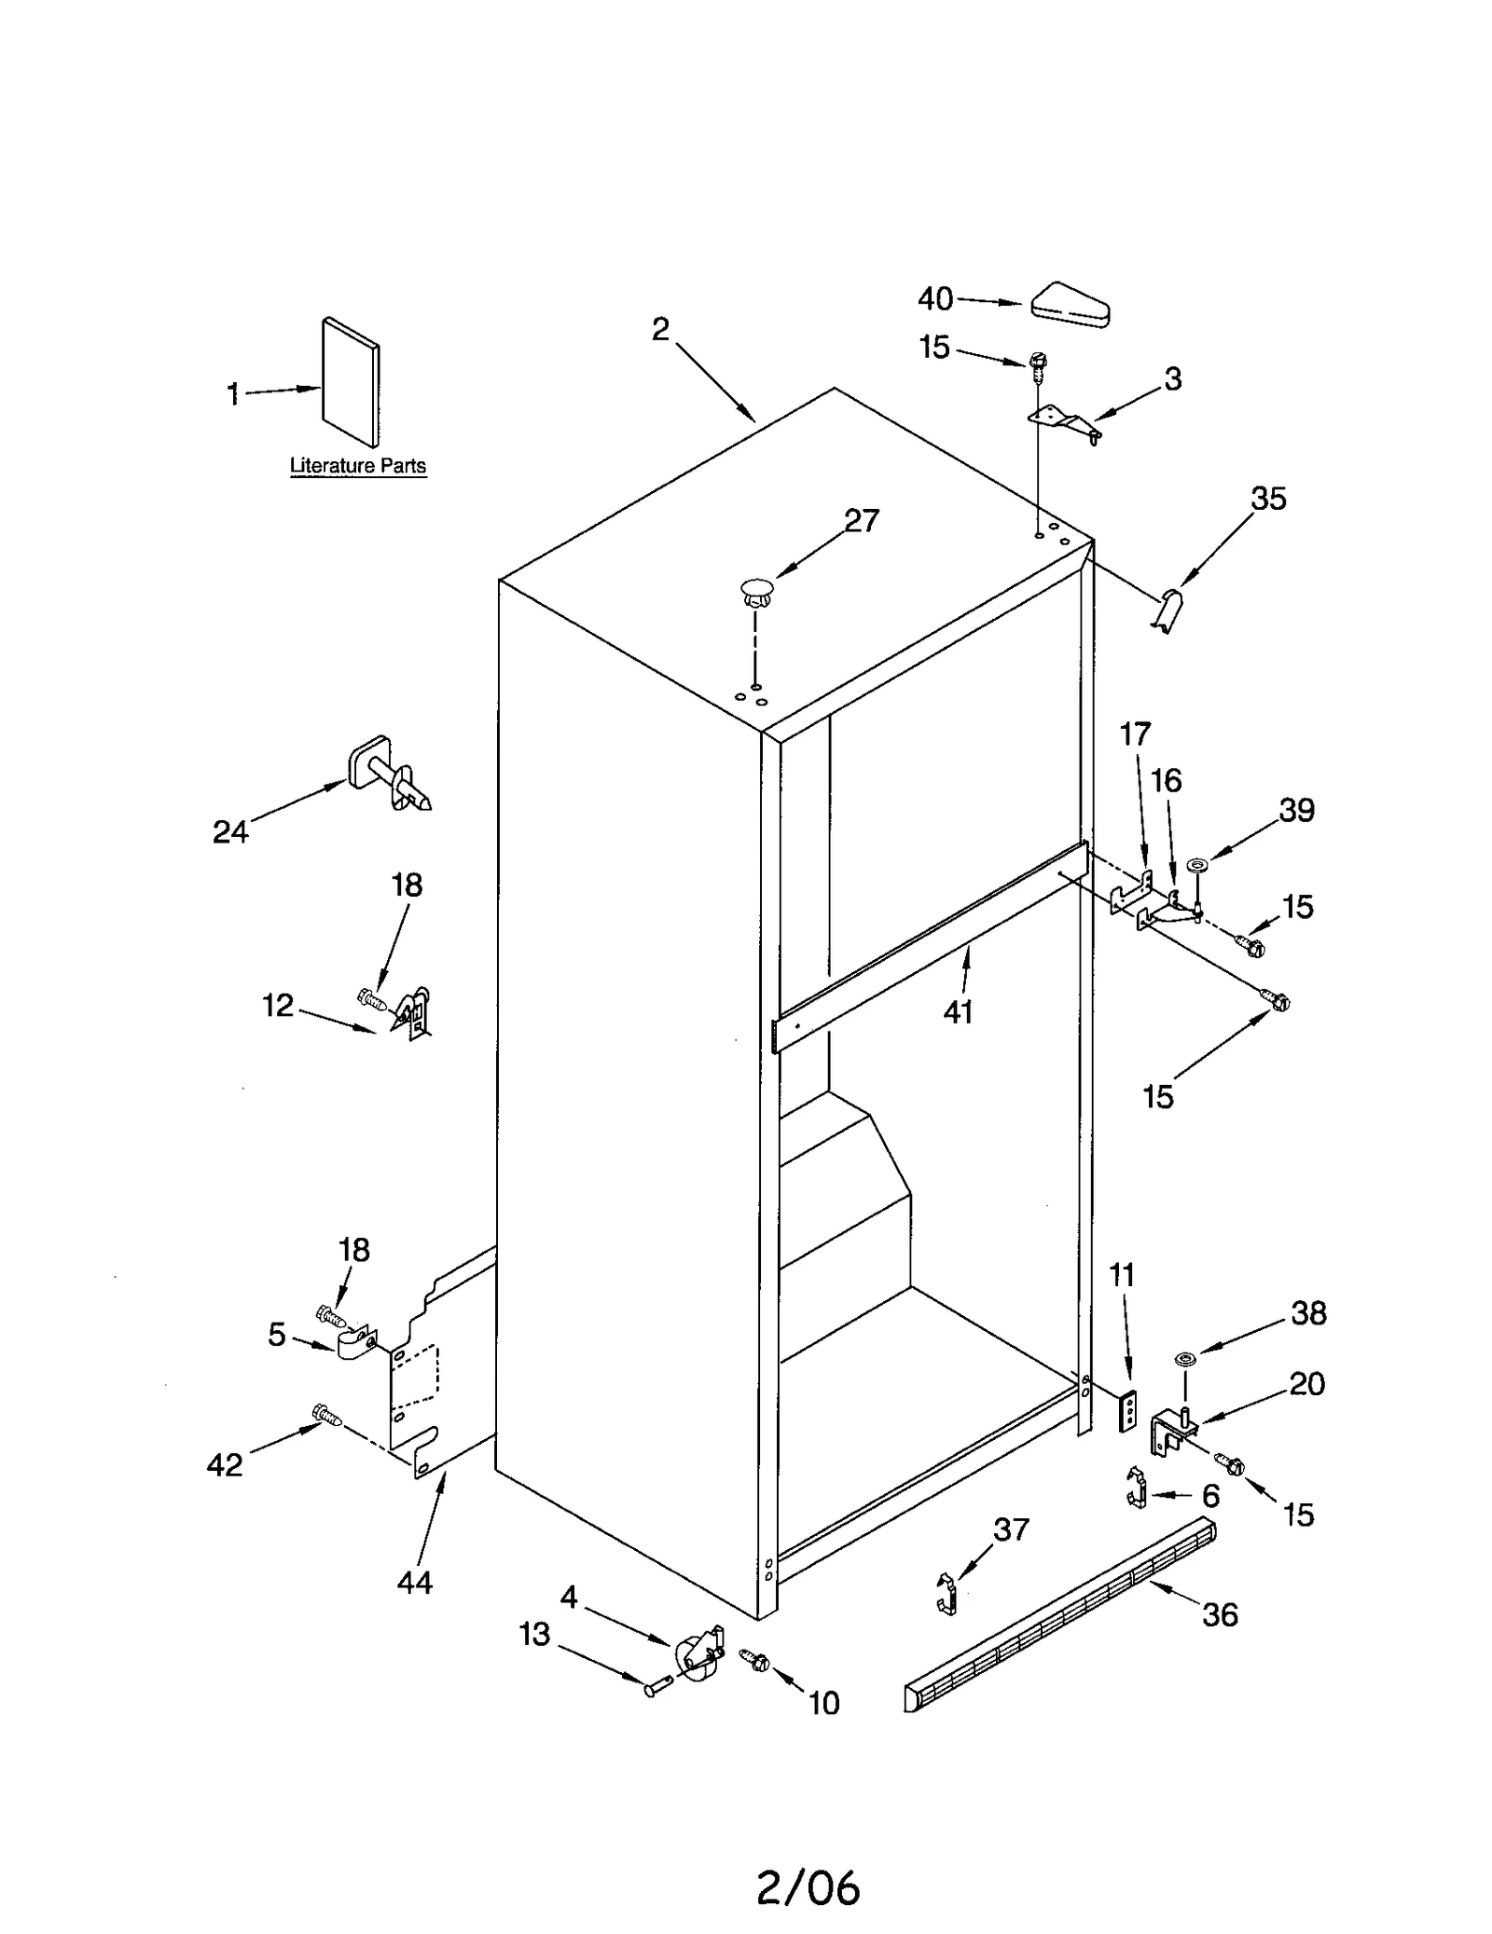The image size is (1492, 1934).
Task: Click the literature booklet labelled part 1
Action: coord(351,382)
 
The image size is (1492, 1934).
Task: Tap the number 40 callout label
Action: coord(934,298)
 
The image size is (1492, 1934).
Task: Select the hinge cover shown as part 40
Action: coord(1071,305)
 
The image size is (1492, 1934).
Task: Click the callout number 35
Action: coord(1268,499)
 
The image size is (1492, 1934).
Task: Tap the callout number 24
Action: coord(230,831)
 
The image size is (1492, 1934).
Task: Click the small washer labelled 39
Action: coord(1198,866)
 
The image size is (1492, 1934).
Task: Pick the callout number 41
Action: coord(958,1011)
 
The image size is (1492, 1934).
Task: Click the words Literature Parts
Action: coord(358,466)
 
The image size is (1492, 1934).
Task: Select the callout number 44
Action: coord(414,1583)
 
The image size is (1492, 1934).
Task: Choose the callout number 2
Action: coord(660,329)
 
